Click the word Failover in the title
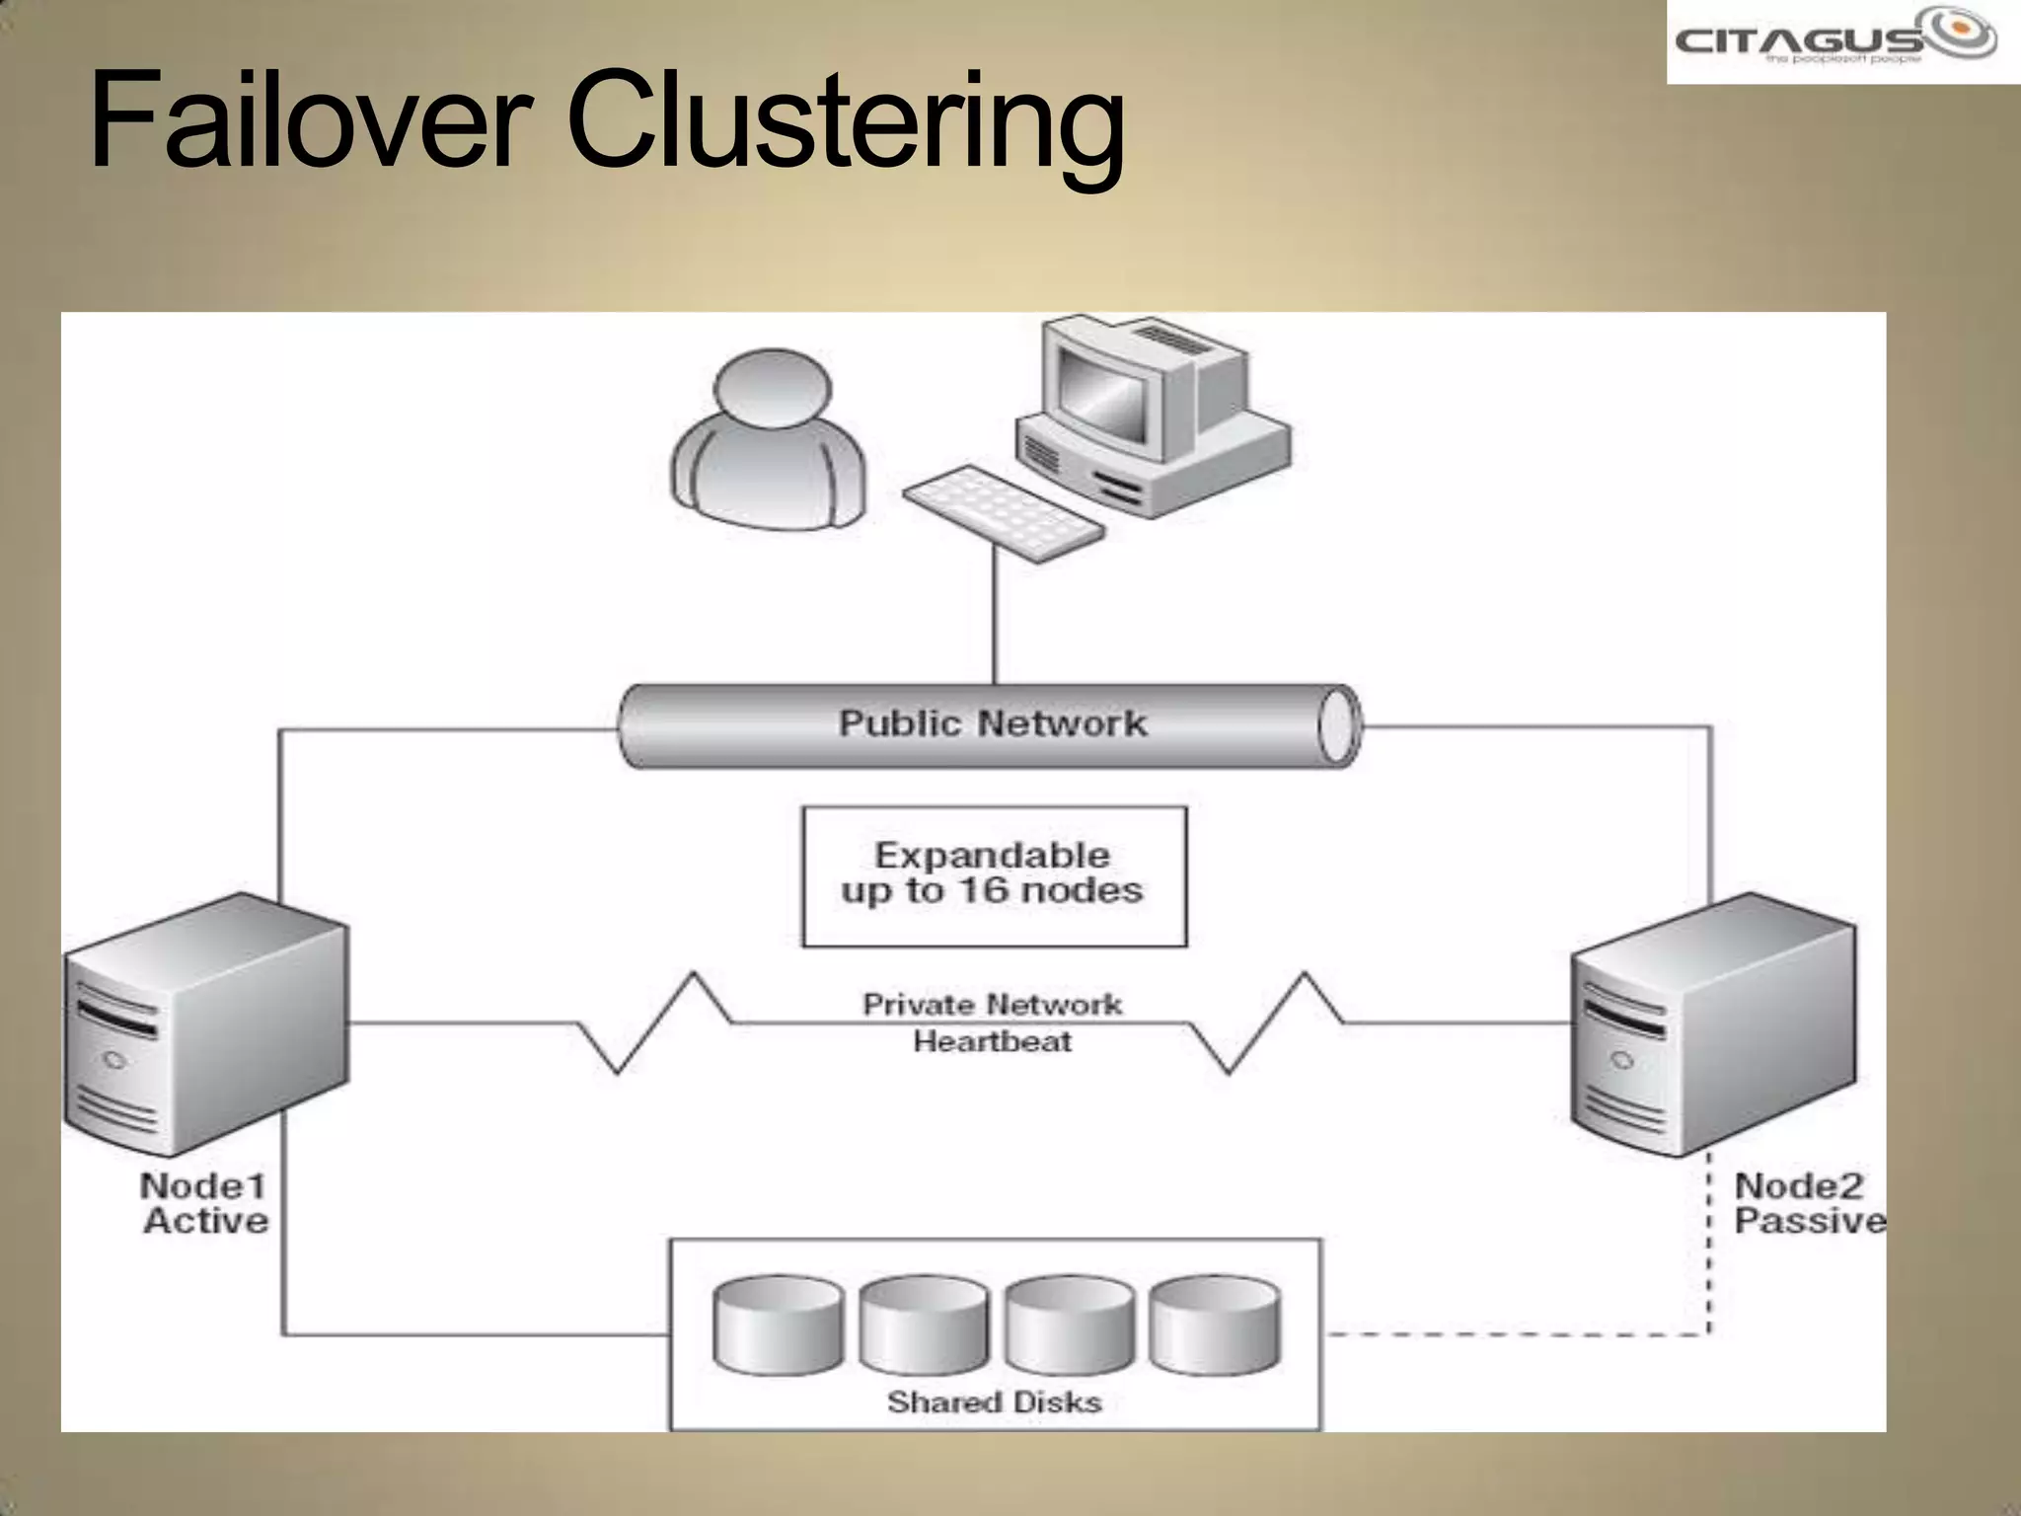pyautogui.click(x=301, y=120)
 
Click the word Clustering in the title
pyautogui.click(x=847, y=123)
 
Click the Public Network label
pyautogui.click(x=992, y=723)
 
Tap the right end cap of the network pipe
pyautogui.click(x=1338, y=726)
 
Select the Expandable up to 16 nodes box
pyautogui.click(x=994, y=876)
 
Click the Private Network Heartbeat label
pyautogui.click(x=992, y=1023)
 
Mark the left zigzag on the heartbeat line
pyautogui.click(x=654, y=1023)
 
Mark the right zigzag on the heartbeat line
pyautogui.click(x=1266, y=1023)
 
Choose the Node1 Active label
pyautogui.click(x=204, y=1203)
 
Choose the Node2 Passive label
pyautogui.click(x=1808, y=1203)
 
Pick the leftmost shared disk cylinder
pyautogui.click(x=779, y=1326)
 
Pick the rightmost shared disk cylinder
pyautogui.click(x=1215, y=1326)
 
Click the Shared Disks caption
pyautogui.click(x=994, y=1402)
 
